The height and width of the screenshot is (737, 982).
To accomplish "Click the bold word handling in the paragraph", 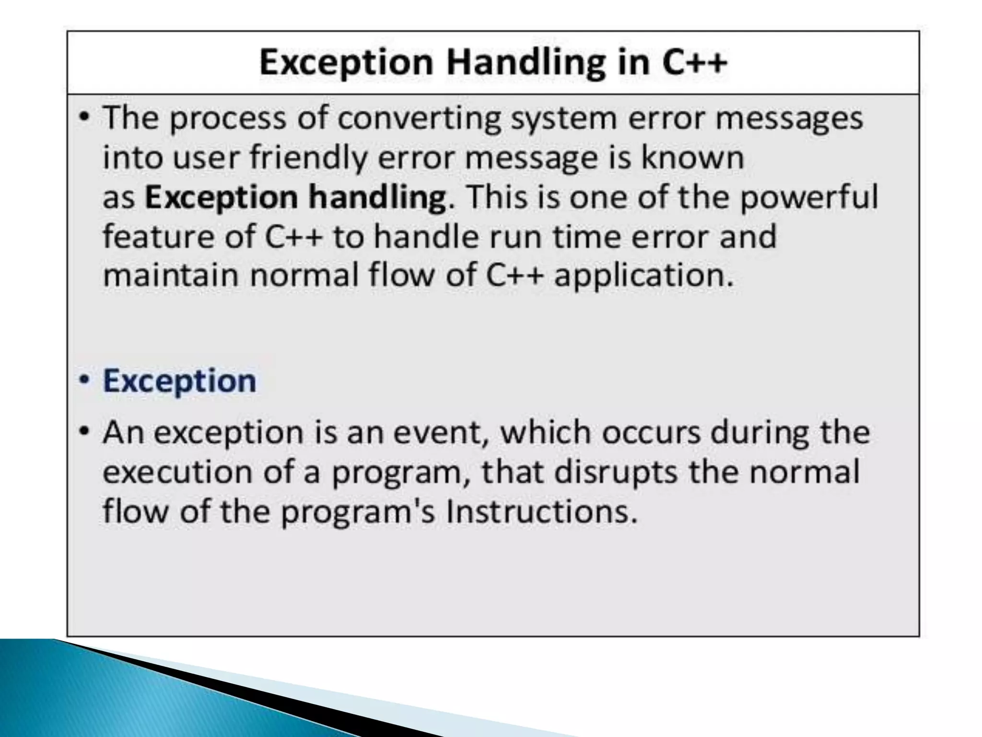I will (x=377, y=197).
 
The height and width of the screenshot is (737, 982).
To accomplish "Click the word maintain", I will (x=171, y=276).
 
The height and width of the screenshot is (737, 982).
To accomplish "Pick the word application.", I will (x=643, y=277).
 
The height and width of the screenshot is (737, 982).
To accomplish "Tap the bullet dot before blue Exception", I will (x=85, y=380).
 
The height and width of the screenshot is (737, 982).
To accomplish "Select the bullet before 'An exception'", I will (x=85, y=431).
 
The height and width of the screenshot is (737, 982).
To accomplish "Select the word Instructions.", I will (x=542, y=511).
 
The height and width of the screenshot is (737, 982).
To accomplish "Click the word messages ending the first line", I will (x=789, y=119).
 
